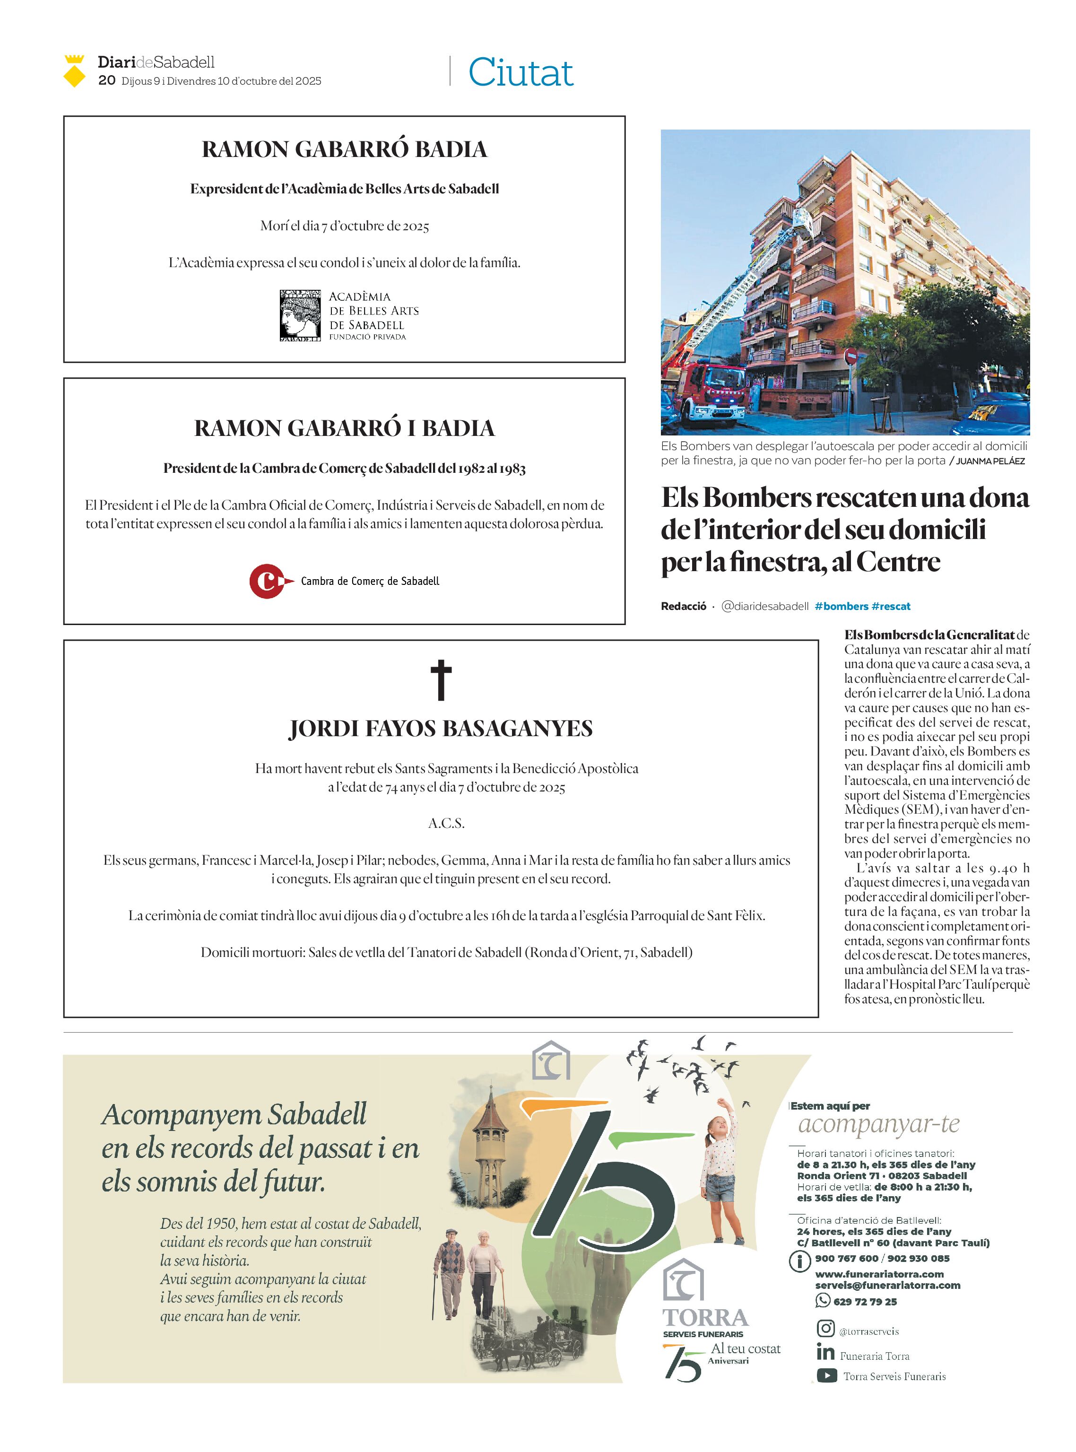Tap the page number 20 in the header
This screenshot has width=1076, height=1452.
pyautogui.click(x=107, y=80)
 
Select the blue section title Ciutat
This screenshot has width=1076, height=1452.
pyautogui.click(x=521, y=72)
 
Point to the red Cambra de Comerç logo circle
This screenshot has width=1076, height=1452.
pyautogui.click(x=266, y=581)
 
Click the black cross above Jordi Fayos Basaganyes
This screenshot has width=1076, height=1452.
pyautogui.click(x=441, y=680)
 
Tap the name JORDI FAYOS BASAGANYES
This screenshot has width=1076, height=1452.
pyautogui.click(x=441, y=728)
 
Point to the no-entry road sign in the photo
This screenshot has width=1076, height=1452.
pyautogui.click(x=850, y=356)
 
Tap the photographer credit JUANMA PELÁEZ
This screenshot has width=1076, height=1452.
pyautogui.click(x=990, y=461)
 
